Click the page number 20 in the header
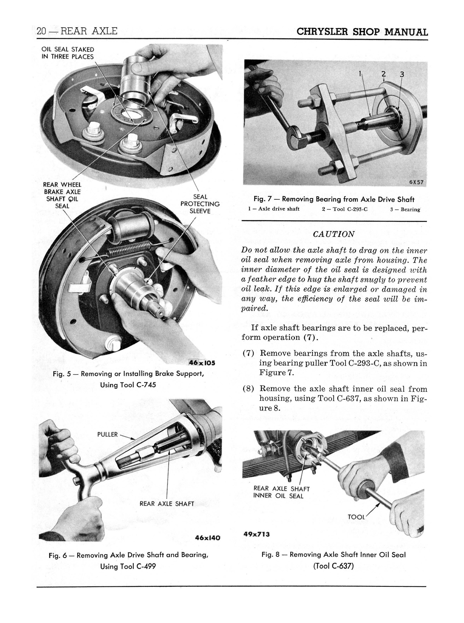pos(41,31)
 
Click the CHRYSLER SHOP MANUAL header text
pos(362,32)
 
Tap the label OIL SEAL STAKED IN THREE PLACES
pos(68,53)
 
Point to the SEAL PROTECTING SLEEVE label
pos(200,204)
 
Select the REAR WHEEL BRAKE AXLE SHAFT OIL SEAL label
pos(62,195)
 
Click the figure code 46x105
pos(202,363)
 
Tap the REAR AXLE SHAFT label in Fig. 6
pos(167,503)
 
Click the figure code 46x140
pos(207,538)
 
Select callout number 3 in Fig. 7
pos(402,74)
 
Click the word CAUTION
pos(334,234)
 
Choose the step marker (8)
pos(249,389)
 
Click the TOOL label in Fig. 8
pos(356,517)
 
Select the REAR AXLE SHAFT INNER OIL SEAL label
pos(281,492)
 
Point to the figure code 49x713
pos(256,534)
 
